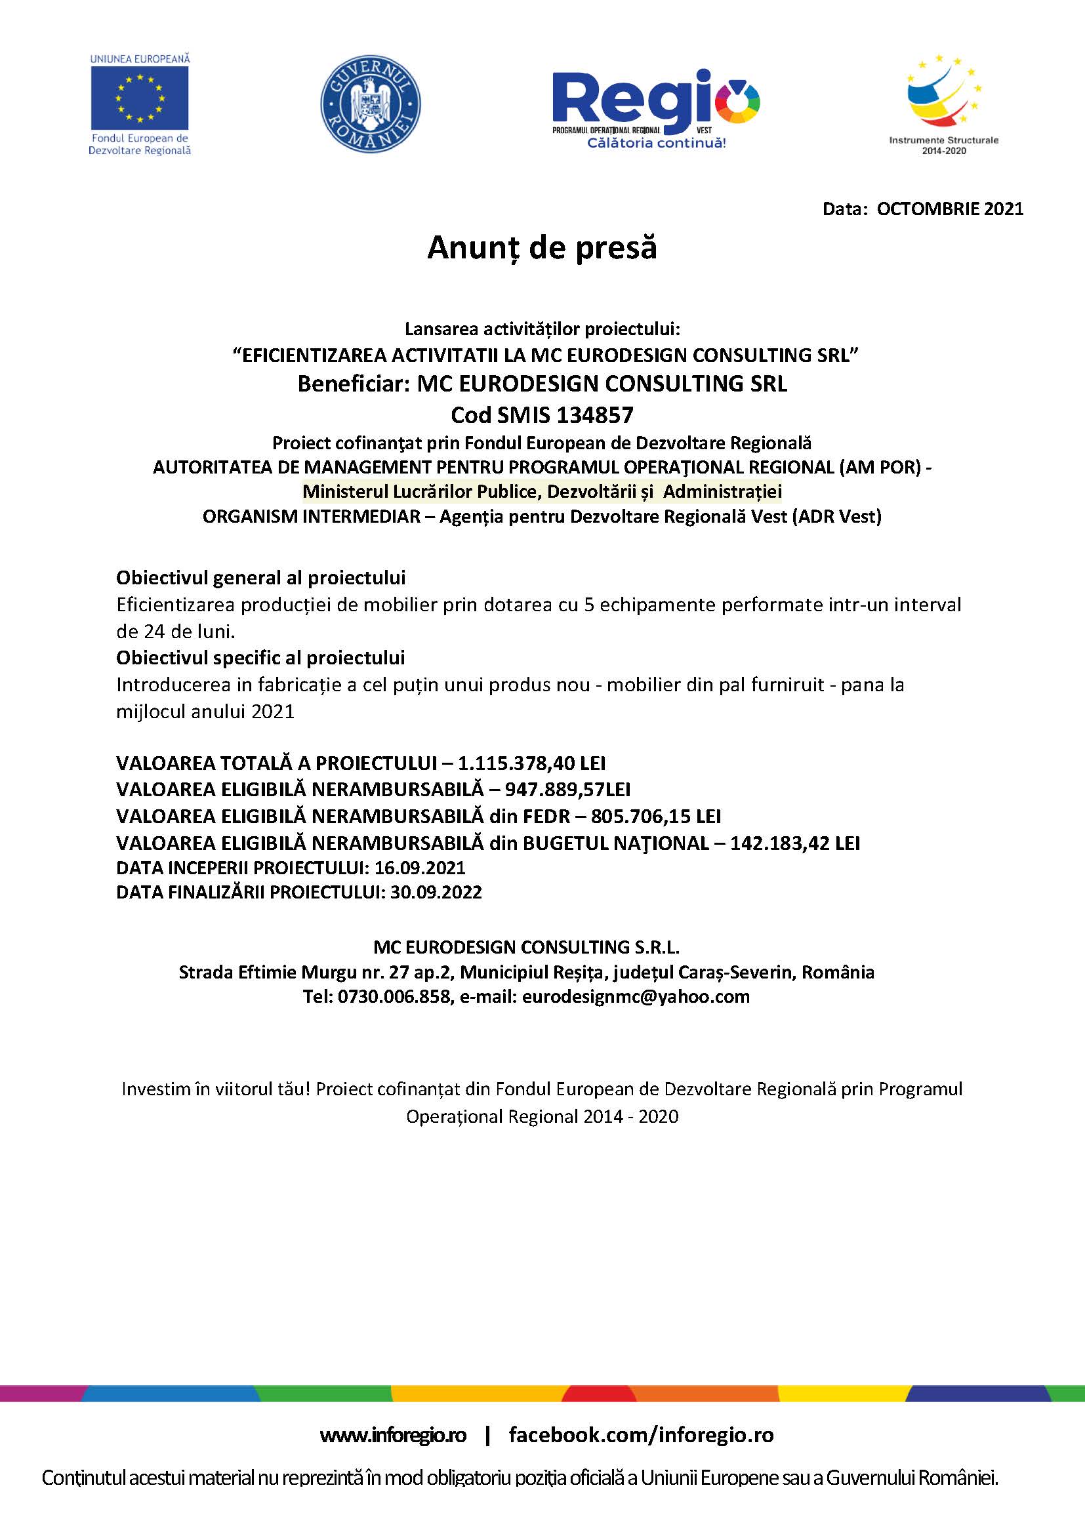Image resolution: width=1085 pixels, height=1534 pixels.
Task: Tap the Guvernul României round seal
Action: [x=371, y=104]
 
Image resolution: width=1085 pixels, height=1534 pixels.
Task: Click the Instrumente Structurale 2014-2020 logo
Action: [x=943, y=104]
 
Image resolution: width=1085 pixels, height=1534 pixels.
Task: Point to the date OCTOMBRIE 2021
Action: [x=949, y=209]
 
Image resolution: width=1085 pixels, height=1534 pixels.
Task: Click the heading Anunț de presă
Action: [x=542, y=248]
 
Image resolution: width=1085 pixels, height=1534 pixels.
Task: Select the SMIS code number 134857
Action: [x=594, y=416]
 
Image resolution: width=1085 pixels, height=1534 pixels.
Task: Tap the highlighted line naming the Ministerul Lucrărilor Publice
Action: [x=542, y=492]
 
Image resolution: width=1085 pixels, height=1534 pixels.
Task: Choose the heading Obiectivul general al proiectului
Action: [x=260, y=578]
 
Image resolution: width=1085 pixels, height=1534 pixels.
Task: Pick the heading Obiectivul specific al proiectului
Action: [x=260, y=658]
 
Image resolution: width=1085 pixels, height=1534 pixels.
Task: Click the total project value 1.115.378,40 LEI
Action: [x=531, y=763]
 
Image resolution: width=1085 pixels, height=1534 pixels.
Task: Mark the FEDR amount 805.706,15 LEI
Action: [x=655, y=817]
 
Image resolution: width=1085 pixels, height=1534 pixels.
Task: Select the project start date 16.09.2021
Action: [x=420, y=868]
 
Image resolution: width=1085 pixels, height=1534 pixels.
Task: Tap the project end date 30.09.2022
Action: [x=436, y=893]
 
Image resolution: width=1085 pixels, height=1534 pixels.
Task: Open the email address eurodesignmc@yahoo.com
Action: [x=636, y=997]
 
